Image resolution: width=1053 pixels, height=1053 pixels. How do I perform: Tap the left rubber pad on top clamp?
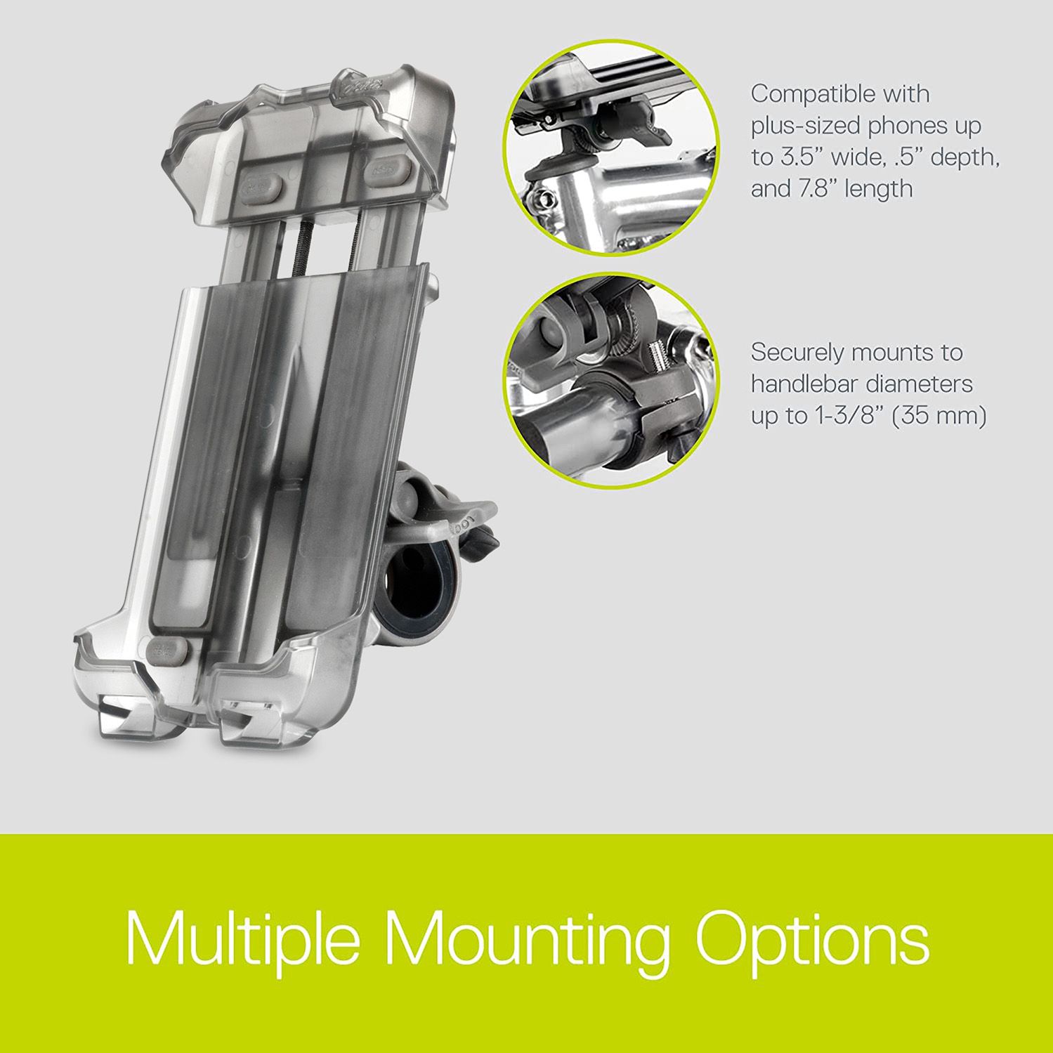pos(261,188)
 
